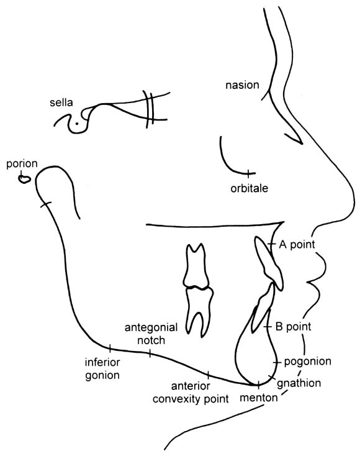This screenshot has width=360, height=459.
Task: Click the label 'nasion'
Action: (242, 85)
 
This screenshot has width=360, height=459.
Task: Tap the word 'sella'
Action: (61, 102)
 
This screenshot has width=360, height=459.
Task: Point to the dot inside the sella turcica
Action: (76, 124)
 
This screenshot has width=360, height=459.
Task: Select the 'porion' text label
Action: (22, 163)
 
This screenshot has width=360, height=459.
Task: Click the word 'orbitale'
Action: (249, 188)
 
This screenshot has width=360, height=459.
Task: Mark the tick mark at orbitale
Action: (248, 173)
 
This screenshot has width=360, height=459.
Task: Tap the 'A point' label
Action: (297, 244)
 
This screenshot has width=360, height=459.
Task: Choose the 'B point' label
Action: (293, 327)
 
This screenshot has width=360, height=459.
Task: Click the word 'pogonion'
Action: (308, 361)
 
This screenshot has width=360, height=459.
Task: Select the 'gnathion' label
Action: (299, 383)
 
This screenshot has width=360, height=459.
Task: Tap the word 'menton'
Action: (259, 398)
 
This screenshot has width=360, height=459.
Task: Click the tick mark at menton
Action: (259, 384)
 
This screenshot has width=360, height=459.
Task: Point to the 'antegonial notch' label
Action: (151, 334)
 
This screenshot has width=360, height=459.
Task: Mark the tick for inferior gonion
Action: (110, 348)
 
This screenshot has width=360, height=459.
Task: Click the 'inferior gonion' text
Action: (102, 369)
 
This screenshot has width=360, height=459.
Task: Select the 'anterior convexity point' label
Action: (191, 393)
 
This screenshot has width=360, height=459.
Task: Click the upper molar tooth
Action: (196, 266)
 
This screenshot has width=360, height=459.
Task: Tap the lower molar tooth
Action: (199, 311)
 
